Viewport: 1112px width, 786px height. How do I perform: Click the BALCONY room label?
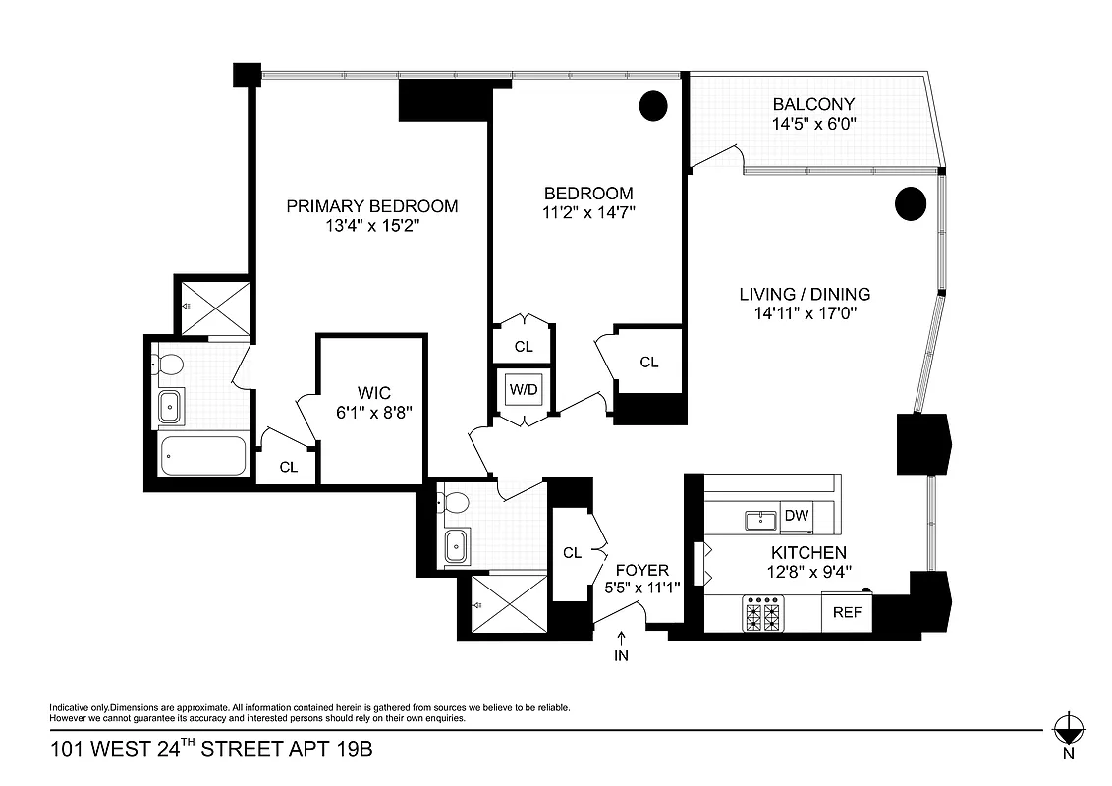[x=813, y=104]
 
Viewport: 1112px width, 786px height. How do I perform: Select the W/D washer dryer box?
[x=524, y=389]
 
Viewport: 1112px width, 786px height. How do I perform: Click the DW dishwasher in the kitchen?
[x=795, y=515]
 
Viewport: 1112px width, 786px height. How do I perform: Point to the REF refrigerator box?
[x=847, y=612]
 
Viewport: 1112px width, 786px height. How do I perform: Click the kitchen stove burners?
[x=764, y=615]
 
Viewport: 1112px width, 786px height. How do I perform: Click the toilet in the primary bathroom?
[x=170, y=365]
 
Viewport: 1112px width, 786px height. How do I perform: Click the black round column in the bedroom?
[x=653, y=104]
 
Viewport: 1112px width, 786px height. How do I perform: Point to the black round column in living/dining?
[x=911, y=202]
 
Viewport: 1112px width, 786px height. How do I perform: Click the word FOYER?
[x=641, y=570]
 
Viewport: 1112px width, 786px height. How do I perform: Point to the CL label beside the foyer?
[x=572, y=553]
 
